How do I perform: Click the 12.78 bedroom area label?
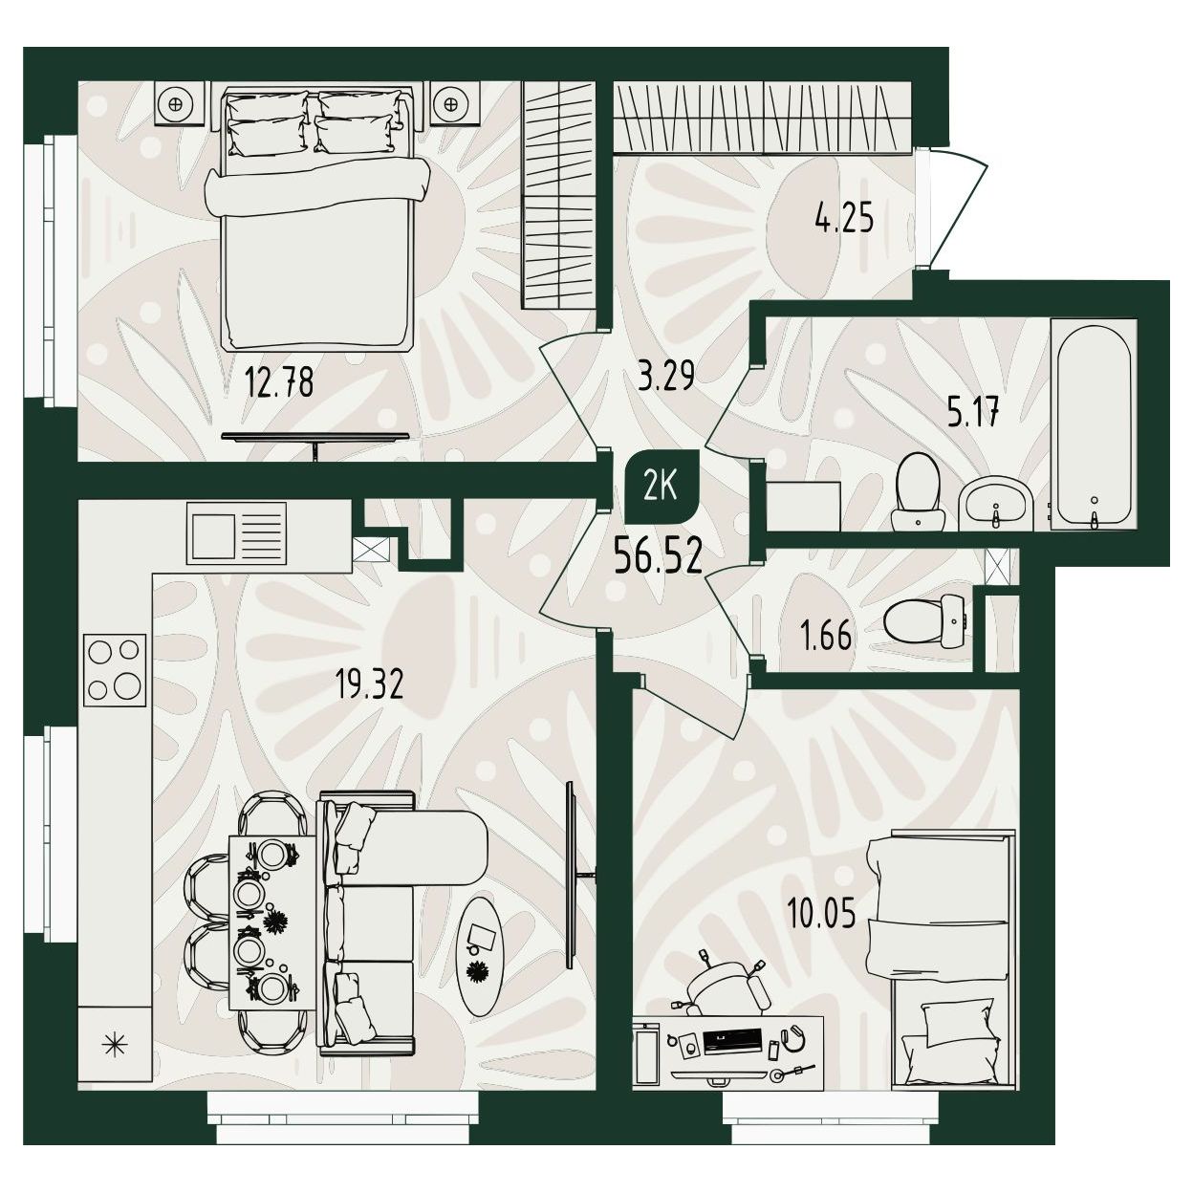tap(279, 382)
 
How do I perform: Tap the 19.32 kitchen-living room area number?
tap(369, 684)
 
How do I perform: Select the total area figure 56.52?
tap(658, 556)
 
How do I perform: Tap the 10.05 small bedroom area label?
tap(821, 914)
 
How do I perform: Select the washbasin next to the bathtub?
tap(995, 505)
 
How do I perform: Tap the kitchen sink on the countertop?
tap(236, 533)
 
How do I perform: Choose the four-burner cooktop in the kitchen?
tap(115, 670)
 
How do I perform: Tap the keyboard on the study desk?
tap(732, 1041)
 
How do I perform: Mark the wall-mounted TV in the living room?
tap(572, 876)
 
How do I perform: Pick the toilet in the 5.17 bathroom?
tap(918, 492)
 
